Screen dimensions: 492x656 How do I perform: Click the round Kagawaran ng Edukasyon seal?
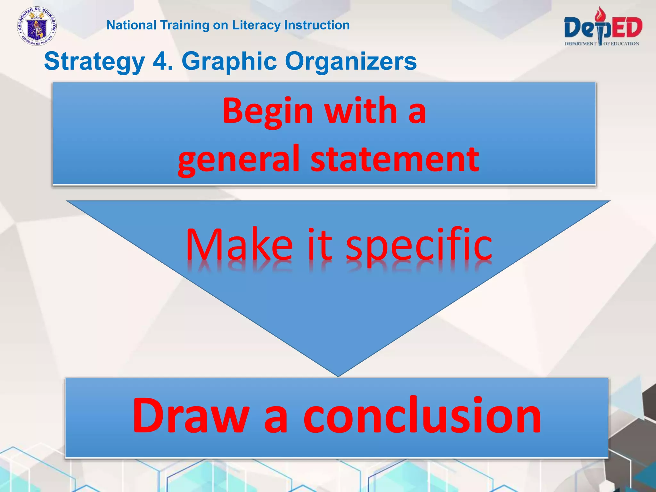37,27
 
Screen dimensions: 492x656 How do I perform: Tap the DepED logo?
603,27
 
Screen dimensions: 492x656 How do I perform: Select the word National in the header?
131,25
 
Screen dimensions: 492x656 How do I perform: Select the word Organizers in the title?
351,62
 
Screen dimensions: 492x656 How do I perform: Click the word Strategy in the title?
94,62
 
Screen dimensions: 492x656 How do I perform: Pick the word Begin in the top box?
268,112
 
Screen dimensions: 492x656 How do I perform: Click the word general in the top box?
239,160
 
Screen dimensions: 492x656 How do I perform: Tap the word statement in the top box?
395,159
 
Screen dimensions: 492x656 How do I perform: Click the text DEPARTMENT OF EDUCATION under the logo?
602,44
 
